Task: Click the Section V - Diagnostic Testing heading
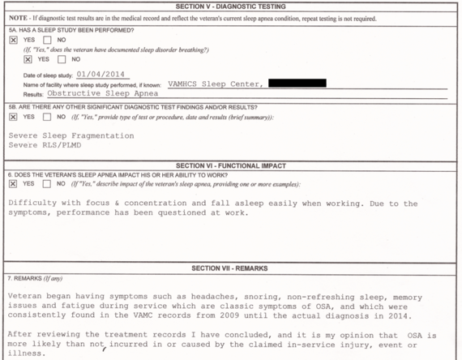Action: coord(230,6)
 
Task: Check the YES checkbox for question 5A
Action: coord(13,39)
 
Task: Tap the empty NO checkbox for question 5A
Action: coord(47,39)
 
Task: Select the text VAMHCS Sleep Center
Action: coord(214,84)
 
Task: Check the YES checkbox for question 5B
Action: coord(13,117)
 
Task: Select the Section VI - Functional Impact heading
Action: coord(230,165)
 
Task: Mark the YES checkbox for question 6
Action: coord(13,184)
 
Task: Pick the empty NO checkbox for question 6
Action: coord(47,184)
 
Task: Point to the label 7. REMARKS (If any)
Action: coord(35,278)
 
